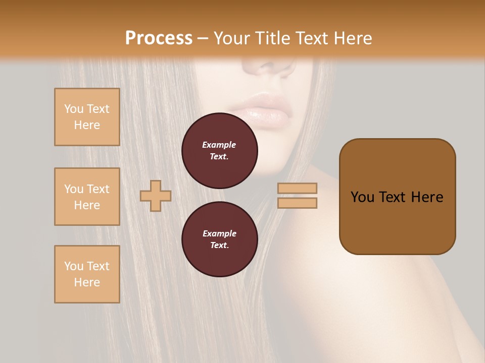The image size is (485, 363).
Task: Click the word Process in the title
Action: point(159,38)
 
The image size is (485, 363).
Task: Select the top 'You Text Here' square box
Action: point(87,117)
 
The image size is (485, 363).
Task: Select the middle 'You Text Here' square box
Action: point(87,197)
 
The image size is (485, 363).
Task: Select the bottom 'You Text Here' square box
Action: point(87,274)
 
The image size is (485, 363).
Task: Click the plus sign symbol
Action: point(156,196)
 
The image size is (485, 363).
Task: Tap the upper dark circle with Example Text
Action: point(219,151)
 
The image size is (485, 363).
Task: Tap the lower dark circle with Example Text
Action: point(219,239)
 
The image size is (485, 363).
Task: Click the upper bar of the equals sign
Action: point(297,188)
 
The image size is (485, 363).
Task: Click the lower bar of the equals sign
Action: point(297,203)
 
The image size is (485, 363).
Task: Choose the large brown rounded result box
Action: point(397,197)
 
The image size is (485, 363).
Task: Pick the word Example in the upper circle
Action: point(219,145)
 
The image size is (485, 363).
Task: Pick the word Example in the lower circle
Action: point(219,233)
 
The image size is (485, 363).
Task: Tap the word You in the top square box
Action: point(74,109)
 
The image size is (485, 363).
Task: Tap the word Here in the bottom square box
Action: point(87,282)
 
